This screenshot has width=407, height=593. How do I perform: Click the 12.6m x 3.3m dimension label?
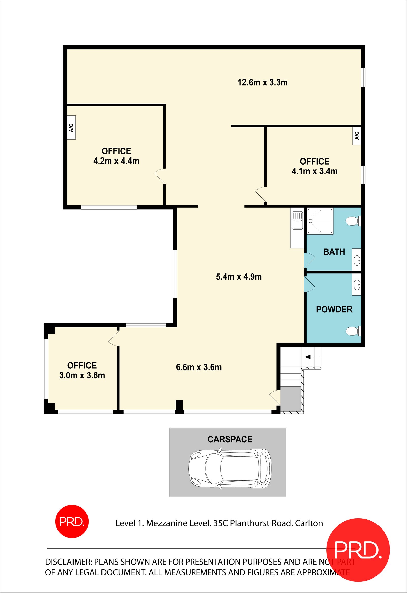click(x=263, y=83)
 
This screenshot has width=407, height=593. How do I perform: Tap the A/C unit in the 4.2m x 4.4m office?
click(x=71, y=127)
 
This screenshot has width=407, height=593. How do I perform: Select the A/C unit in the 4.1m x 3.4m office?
click(x=357, y=136)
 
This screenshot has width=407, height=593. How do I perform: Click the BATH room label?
click(x=334, y=252)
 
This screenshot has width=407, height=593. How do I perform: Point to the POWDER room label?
click(x=334, y=309)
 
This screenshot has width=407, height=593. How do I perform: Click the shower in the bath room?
click(x=320, y=221)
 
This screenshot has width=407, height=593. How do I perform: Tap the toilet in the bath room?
click(x=353, y=221)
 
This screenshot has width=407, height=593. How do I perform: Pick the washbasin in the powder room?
click(x=357, y=284)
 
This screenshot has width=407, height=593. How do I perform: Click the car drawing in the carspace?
click(x=230, y=469)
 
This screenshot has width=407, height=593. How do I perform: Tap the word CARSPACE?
click(x=230, y=439)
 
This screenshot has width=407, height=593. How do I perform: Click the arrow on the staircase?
click(x=308, y=357)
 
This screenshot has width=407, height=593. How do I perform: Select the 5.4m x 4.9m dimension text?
click(x=239, y=277)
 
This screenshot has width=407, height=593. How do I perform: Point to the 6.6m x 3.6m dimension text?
click(x=199, y=367)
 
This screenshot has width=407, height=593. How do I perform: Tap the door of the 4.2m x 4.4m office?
click(x=160, y=176)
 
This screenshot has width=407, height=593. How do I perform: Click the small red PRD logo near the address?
click(x=72, y=521)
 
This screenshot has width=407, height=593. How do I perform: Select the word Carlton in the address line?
click(x=309, y=523)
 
